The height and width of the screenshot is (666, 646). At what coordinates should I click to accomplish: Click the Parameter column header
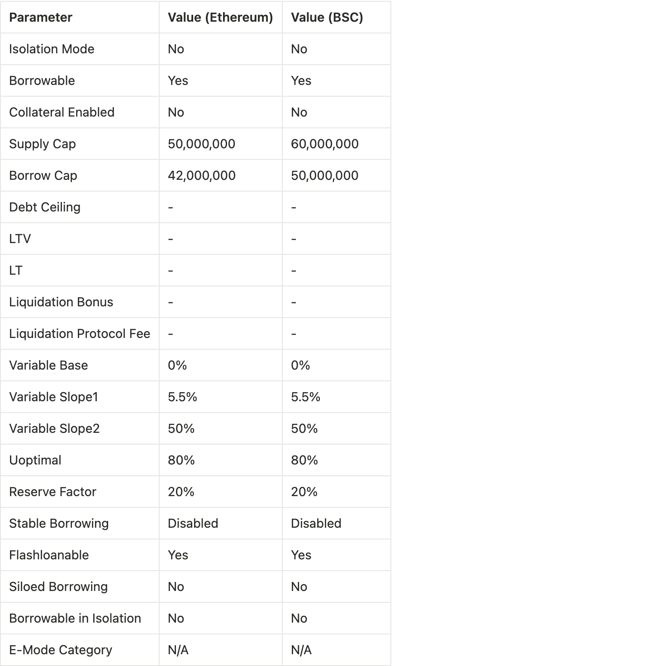41,18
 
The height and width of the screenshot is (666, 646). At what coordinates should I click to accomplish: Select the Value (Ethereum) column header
220,18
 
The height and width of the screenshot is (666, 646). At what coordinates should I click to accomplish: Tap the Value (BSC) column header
327,18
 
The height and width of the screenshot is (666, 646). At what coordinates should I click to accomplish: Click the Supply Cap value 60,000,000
324,144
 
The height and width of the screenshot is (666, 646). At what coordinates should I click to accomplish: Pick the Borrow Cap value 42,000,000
201,176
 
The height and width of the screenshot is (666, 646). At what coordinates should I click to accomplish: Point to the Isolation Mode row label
52,49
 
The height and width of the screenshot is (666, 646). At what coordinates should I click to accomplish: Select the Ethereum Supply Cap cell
201,144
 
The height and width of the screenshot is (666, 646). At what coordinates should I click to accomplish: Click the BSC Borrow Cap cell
324,176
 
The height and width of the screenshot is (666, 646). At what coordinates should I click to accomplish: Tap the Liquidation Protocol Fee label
80,334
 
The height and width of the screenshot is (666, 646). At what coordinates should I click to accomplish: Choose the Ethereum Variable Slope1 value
182,397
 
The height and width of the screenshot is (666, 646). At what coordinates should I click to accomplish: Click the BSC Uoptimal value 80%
304,460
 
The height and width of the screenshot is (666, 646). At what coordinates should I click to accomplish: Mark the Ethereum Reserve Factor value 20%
181,492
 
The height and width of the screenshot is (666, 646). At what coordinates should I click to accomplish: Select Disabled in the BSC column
316,524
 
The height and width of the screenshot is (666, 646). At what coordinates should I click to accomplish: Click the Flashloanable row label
49,555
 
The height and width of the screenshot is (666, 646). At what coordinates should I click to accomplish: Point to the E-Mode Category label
61,650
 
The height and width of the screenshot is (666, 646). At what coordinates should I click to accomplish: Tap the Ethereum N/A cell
178,650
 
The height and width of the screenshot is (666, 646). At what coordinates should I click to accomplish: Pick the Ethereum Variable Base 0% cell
177,366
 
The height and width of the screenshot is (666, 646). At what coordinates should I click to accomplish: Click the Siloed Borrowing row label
58,587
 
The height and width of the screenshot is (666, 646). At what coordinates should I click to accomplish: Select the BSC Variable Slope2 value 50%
304,429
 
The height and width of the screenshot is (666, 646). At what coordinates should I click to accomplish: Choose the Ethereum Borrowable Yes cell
178,81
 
